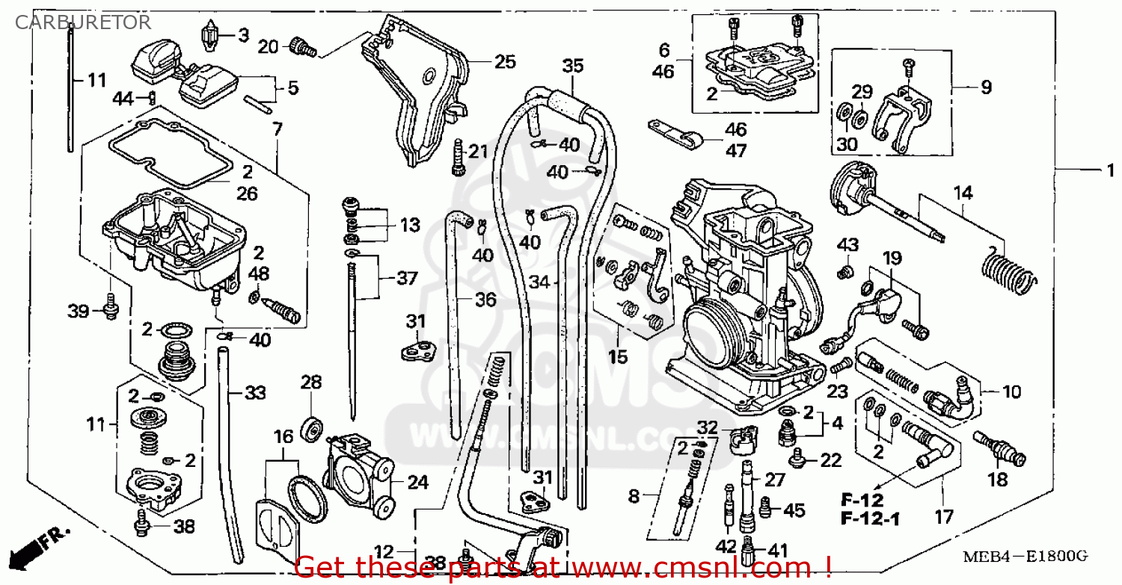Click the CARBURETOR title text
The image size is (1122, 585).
[83, 22]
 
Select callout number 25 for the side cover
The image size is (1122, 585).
[505, 62]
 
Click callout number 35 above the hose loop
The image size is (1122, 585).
[572, 66]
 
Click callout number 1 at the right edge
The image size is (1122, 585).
[1111, 171]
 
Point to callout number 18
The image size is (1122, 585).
[998, 480]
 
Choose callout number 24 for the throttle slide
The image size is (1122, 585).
[417, 483]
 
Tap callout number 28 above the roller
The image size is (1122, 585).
[311, 383]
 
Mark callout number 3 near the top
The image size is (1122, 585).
[243, 35]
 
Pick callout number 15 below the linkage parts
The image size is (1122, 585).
[617, 357]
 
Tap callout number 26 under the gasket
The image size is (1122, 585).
[247, 194]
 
